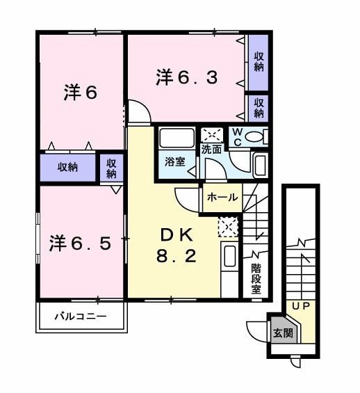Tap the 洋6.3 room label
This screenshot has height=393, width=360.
186,77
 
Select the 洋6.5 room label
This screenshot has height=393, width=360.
80,243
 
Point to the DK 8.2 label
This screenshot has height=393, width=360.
175,244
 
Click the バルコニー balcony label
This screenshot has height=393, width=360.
81,316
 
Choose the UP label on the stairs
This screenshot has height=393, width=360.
300,306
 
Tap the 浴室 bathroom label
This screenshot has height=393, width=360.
174,161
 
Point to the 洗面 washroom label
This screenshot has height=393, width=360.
211,149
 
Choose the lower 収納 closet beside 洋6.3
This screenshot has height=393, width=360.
259,108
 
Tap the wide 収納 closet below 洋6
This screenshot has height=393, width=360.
67,167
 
